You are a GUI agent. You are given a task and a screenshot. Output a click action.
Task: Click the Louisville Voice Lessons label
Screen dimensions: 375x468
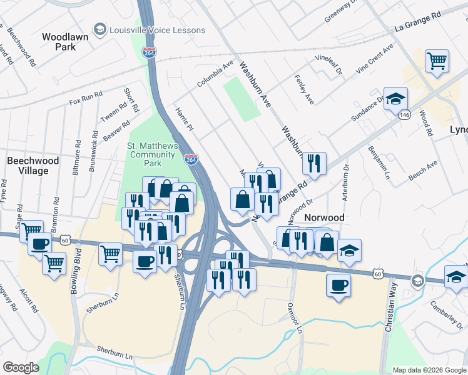tap(156, 30)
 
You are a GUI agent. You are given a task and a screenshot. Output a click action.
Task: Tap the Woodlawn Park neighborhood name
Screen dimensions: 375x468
tap(65, 42)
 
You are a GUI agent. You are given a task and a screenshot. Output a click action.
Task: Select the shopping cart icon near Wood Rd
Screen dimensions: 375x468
tap(437, 61)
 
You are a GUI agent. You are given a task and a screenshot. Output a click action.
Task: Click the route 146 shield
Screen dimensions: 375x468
tap(405, 115)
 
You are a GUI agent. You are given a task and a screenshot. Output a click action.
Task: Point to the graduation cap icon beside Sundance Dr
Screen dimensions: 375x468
tap(395, 99)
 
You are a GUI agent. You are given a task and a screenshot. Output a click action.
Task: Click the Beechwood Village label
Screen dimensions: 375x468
tap(33, 166)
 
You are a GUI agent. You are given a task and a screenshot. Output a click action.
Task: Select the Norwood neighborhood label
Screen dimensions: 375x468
tap(324, 217)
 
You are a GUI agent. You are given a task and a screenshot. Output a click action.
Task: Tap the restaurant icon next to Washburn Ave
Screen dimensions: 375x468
tap(314, 163)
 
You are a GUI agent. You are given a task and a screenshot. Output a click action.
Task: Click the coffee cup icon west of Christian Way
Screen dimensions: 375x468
tap(338, 286)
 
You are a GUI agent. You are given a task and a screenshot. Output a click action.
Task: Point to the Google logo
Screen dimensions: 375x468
tap(21, 367)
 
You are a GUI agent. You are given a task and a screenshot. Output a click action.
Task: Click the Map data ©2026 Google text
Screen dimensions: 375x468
tap(429, 370)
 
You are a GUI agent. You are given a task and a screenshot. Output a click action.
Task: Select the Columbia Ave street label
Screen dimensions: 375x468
tap(215, 74)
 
